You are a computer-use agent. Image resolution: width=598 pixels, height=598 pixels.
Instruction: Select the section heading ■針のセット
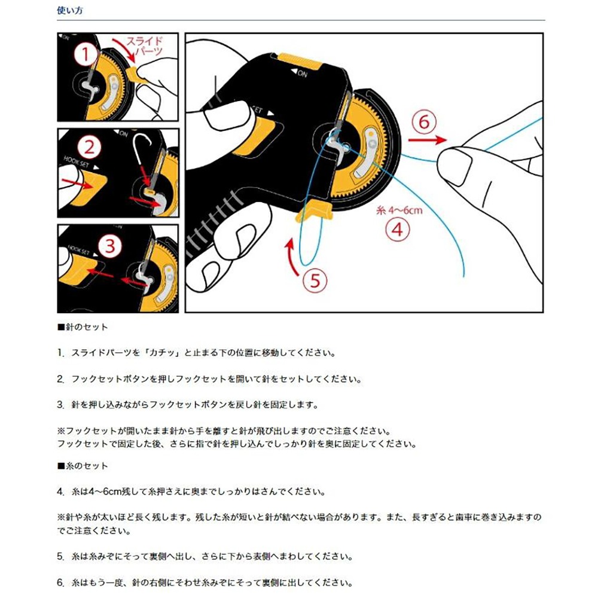(82, 328)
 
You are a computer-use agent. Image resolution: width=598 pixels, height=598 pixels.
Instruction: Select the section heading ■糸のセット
(82, 465)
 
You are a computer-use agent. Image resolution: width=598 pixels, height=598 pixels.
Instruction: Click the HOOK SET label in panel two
(77, 161)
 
